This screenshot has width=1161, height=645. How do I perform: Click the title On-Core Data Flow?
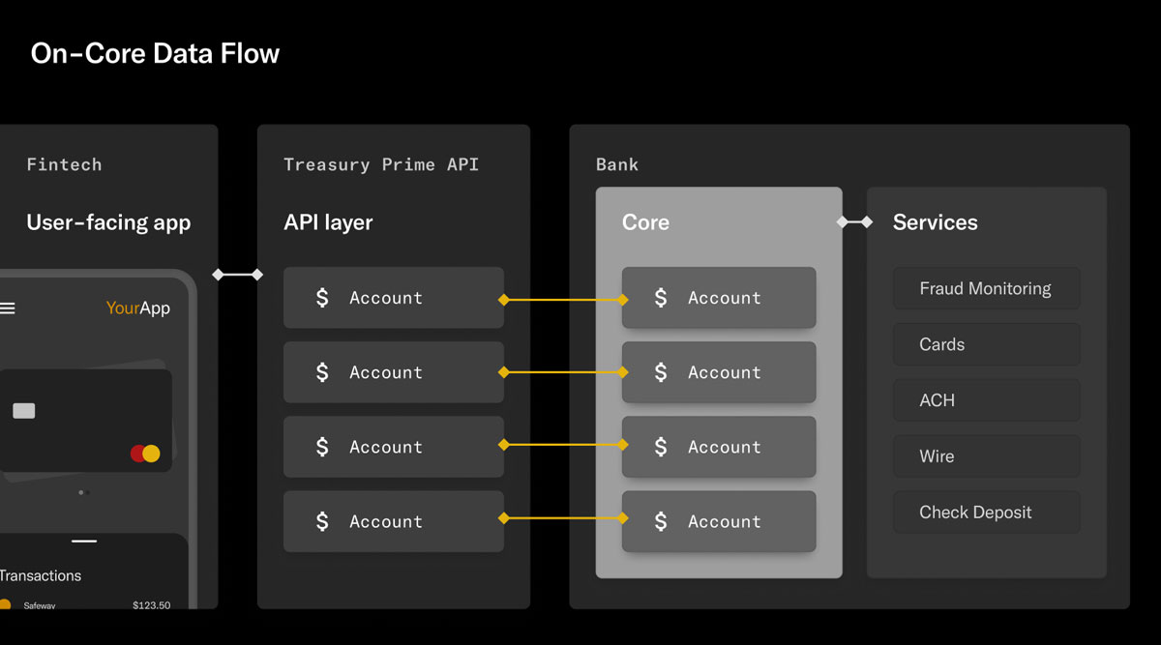[155, 53]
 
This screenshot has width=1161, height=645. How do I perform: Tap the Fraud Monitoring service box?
[986, 288]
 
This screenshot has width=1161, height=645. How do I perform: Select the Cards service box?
[986, 344]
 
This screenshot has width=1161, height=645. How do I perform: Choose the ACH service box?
[986, 400]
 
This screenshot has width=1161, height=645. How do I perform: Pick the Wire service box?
[986, 456]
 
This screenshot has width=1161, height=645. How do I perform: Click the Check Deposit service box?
[986, 513]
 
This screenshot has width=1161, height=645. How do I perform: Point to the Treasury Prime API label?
[381, 164]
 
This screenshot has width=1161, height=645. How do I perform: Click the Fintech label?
[64, 164]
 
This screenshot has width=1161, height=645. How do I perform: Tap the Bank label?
[617, 164]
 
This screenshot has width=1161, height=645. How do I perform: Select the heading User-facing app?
[108, 222]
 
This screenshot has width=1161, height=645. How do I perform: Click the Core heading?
[645, 222]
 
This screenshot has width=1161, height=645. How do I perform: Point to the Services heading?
[935, 222]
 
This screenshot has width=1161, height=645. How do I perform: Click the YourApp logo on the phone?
[138, 308]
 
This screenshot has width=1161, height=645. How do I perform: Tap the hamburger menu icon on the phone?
[8, 308]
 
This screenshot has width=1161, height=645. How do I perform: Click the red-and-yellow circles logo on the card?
[145, 453]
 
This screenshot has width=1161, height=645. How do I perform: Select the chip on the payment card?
[24, 411]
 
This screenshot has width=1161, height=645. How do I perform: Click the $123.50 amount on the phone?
[151, 605]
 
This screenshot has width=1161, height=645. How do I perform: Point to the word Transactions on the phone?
[41, 575]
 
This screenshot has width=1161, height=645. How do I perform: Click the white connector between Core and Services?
[854, 222]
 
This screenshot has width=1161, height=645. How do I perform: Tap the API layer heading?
[328, 222]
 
